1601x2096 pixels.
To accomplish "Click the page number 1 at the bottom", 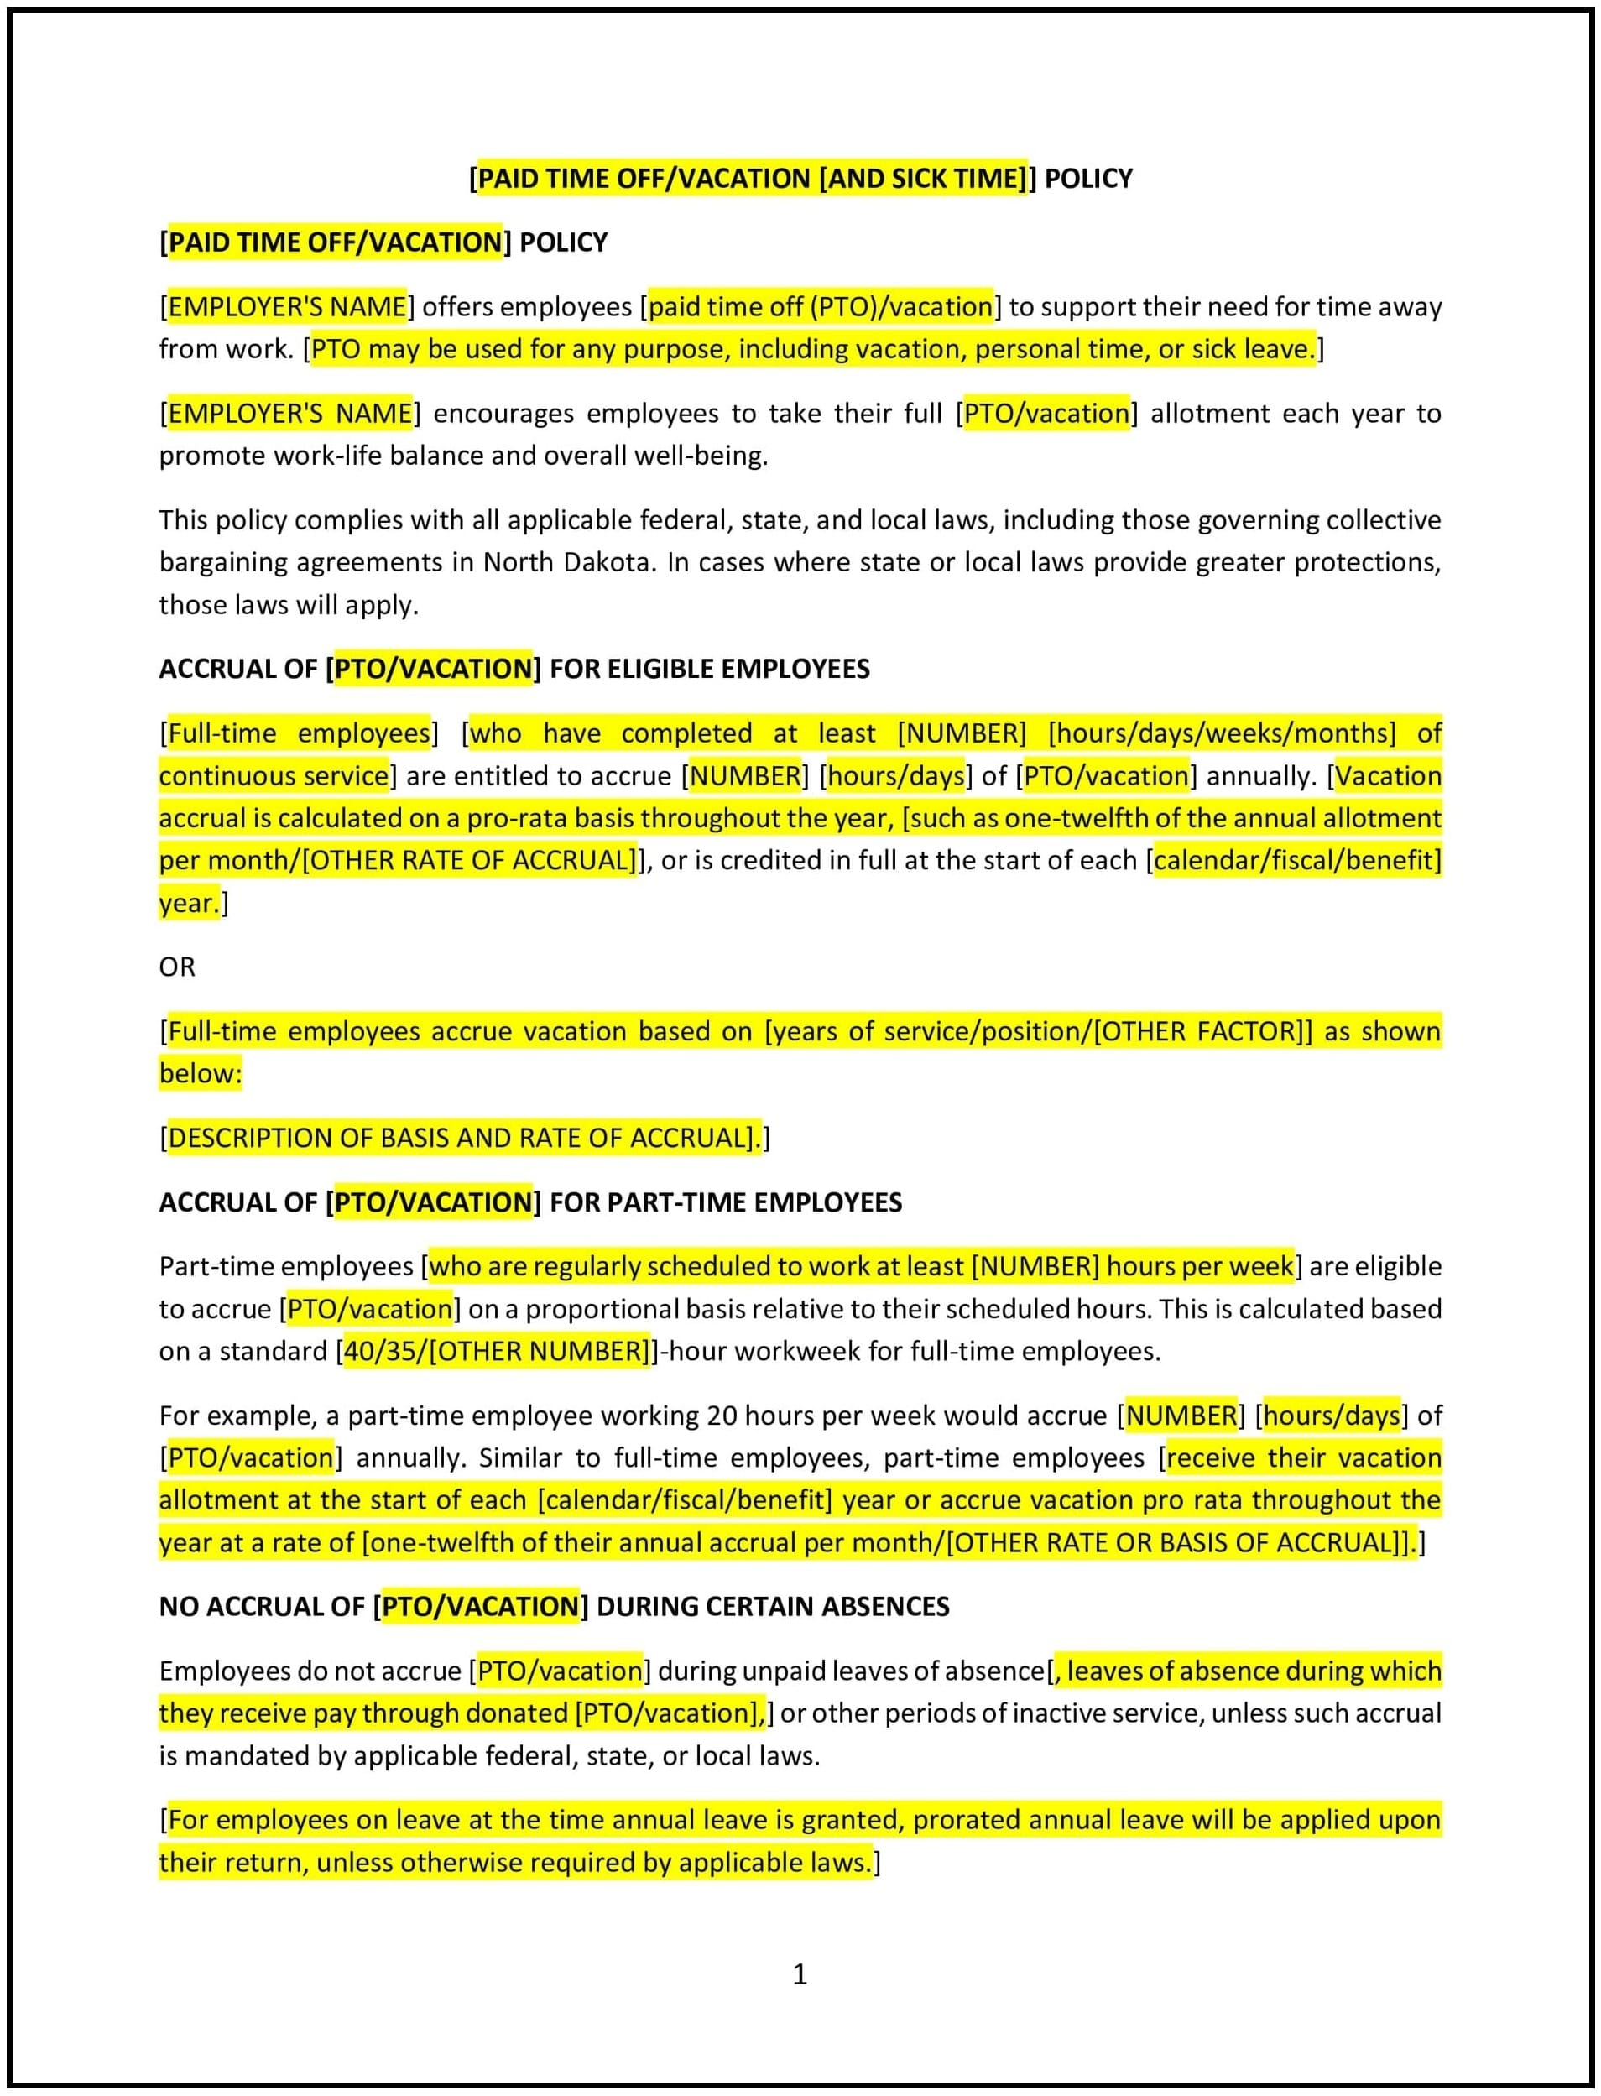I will (x=800, y=1973).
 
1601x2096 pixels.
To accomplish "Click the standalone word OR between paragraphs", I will (x=177, y=967).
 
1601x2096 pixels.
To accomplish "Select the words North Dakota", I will (x=569, y=562).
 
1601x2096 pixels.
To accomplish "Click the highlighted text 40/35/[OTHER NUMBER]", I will (x=497, y=1351).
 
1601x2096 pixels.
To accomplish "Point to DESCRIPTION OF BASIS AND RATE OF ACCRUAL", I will (x=462, y=1138).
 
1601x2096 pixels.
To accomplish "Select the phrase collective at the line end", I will (x=1390, y=520).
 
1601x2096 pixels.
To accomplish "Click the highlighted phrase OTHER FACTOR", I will (x=1198, y=1031).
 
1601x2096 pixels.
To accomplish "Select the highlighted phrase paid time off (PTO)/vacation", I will (x=821, y=307).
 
